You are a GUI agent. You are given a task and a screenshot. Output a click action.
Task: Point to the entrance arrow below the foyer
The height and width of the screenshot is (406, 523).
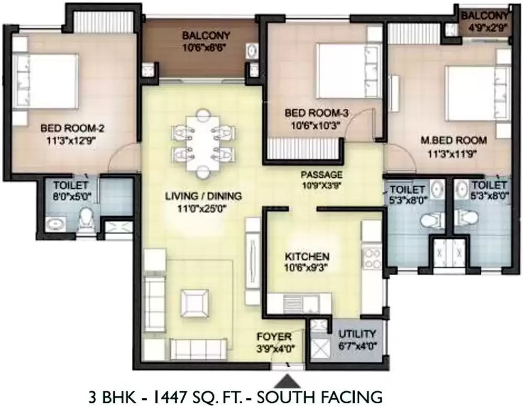coord(288,380)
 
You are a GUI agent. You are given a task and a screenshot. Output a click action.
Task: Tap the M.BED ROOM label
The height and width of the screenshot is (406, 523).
coord(454,140)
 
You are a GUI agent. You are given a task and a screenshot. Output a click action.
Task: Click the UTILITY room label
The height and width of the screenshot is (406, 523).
coord(358,334)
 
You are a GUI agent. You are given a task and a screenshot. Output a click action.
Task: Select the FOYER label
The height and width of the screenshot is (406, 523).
coord(273,336)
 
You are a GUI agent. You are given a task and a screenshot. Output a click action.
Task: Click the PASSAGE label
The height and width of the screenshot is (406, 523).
coord(321,174)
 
